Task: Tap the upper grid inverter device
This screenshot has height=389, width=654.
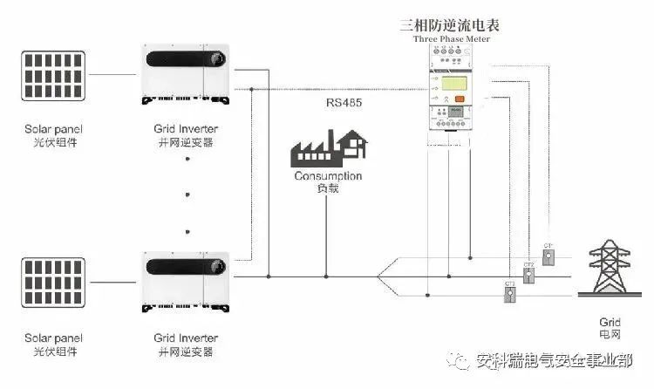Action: tap(184, 75)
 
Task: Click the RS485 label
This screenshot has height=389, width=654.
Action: tap(345, 103)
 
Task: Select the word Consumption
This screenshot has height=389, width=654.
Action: tap(328, 177)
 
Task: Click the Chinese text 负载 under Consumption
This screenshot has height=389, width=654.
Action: tap(328, 189)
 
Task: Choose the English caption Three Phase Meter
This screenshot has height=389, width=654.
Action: tap(451, 39)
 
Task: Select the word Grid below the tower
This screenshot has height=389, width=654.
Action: tap(610, 322)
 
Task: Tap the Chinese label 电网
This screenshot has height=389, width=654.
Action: tap(610, 335)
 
